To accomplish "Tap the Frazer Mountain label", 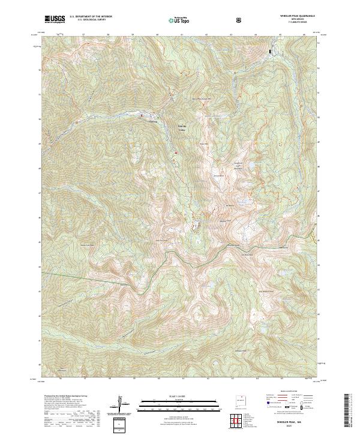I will [203, 144].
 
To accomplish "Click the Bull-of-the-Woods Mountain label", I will [202, 98].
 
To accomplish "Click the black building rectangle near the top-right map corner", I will [270, 52].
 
